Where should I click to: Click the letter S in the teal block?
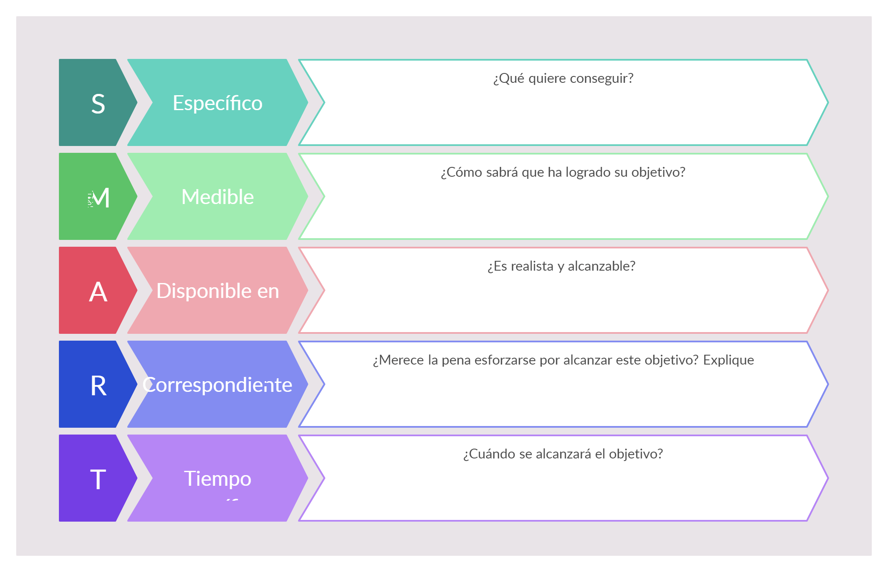pos(98,104)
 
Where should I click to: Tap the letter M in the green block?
pos(101,198)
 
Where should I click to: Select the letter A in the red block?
pos(98,292)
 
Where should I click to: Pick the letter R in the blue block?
pos(98,386)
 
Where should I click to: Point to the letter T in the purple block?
pos(98,479)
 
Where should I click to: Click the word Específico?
pos(217,103)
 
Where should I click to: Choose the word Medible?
pos(217,197)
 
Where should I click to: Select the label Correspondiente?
pos(217,385)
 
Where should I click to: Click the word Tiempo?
pos(217,479)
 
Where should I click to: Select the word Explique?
pos(728,360)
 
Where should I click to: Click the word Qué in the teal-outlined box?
pos(509,79)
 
